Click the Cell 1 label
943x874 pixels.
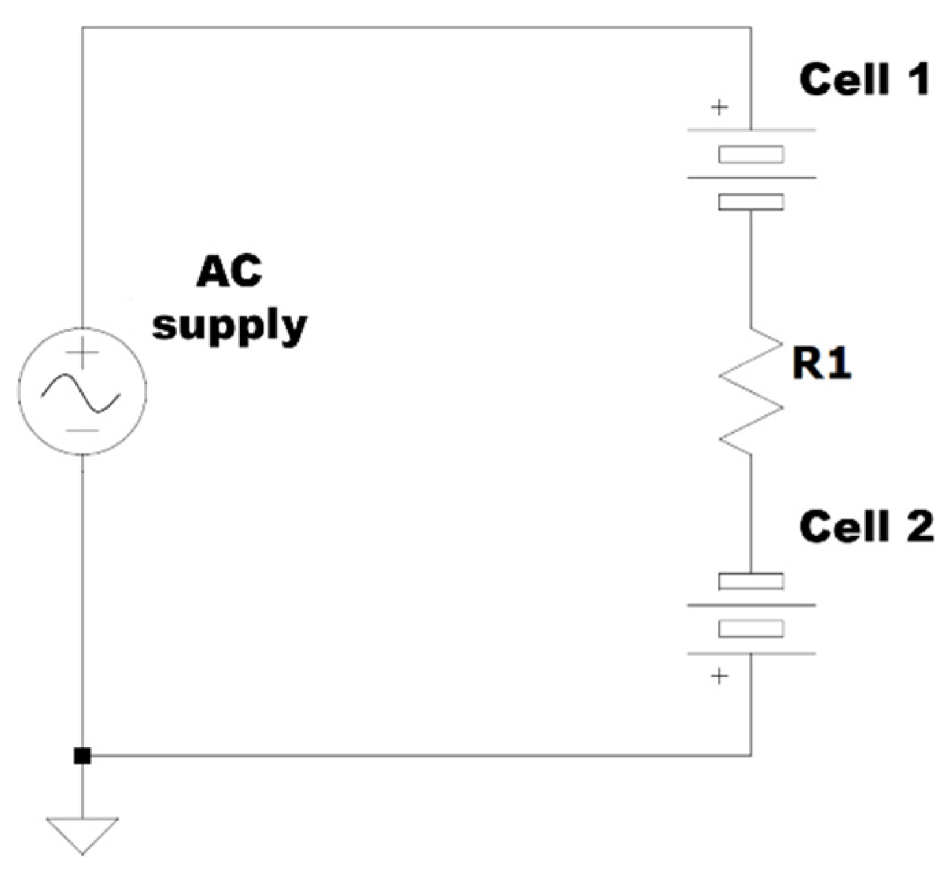(x=864, y=79)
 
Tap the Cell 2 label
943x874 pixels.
(x=866, y=527)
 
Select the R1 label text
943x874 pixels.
(x=821, y=363)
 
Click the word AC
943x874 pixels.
(x=229, y=272)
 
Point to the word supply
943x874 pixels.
(x=229, y=325)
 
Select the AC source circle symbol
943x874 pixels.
(x=82, y=390)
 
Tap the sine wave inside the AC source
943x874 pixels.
(x=81, y=393)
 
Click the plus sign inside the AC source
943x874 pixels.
(x=82, y=353)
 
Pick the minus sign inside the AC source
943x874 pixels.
(x=82, y=431)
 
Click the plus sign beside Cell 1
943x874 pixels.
(x=719, y=108)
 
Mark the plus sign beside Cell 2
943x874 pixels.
(x=719, y=677)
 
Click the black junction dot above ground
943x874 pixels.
(x=82, y=756)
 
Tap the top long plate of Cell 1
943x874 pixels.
(x=751, y=129)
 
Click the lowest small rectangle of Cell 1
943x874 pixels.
(x=751, y=202)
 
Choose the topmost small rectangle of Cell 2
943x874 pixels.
(x=751, y=582)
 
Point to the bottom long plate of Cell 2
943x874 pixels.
(x=751, y=653)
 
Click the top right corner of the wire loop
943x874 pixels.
(x=751, y=28)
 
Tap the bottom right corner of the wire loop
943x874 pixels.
(x=751, y=756)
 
